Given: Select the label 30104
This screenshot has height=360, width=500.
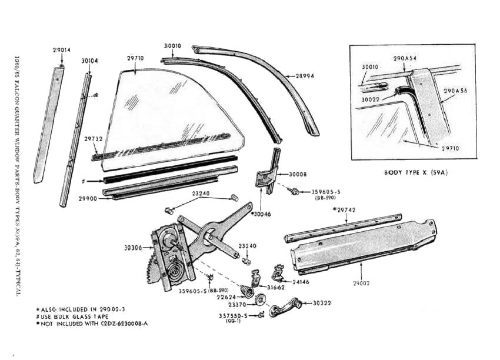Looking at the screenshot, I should pos(89,61).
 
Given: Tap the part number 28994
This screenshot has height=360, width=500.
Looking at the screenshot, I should pos(305,76).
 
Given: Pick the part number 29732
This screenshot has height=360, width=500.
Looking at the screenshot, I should pos(93,139).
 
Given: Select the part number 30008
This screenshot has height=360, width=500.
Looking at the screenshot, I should pos(298,174).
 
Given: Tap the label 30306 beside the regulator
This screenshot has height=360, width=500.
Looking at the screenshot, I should pos(133,248).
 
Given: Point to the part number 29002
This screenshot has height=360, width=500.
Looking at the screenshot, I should pos(361,283).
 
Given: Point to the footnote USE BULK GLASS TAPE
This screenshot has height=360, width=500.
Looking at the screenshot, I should pos(73,317).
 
